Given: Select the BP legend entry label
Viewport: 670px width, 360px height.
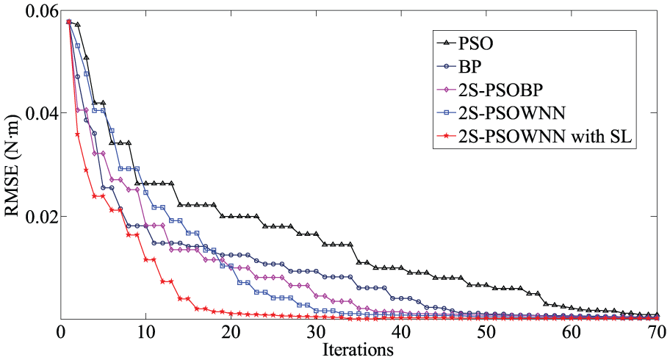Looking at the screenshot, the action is (x=470, y=67).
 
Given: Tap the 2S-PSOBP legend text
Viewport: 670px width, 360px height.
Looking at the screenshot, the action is (x=501, y=90).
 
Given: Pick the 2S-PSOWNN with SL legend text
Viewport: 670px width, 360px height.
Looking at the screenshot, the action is (x=545, y=137).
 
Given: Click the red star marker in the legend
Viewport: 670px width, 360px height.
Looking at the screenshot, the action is (x=447, y=137).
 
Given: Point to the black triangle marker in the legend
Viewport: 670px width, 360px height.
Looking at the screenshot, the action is (x=447, y=43).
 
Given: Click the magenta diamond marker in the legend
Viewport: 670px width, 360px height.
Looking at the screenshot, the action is (x=447, y=90).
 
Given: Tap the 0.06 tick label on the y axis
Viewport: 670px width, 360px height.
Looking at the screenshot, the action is (x=41, y=11).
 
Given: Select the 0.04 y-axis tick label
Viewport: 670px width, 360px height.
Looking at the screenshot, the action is (x=41, y=113).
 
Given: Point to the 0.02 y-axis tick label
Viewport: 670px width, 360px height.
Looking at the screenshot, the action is (x=41, y=216).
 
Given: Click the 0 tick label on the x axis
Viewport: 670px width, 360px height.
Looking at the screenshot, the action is (x=61, y=332).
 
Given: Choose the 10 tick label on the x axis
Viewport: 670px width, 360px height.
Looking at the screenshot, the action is (x=145, y=332).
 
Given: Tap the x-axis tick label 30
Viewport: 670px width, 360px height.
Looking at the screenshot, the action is (x=316, y=332).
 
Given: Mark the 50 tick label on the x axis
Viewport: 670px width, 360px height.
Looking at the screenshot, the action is (x=486, y=332).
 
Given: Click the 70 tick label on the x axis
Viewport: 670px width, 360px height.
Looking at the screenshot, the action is (x=658, y=332).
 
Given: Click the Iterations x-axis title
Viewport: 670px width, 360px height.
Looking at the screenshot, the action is (x=358, y=350).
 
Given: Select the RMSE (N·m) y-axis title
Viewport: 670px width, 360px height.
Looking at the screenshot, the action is (x=12, y=165).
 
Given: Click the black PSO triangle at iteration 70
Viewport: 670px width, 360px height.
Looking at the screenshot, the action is (x=658, y=314).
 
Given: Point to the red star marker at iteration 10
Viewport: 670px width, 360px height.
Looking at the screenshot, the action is (x=145, y=259).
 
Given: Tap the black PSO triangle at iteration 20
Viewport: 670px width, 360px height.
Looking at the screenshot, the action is (x=231, y=216).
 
